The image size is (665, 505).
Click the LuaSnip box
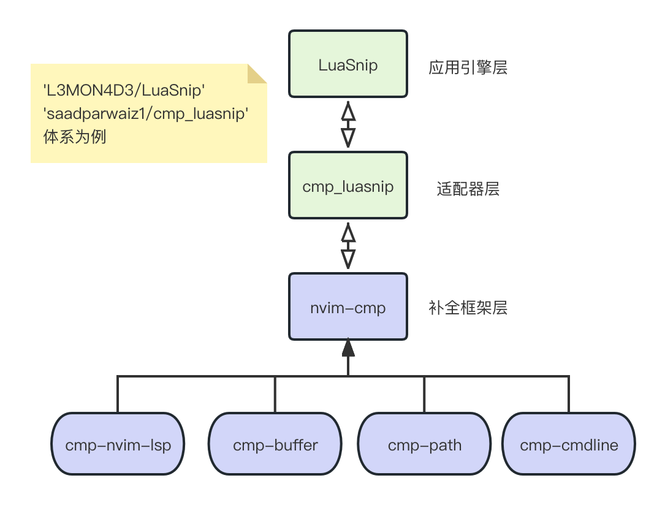[348, 64]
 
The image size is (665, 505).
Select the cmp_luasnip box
[348, 186]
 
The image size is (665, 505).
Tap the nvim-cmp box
[348, 306]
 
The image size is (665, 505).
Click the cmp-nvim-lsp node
[118, 444]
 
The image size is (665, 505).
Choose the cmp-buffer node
[275, 444]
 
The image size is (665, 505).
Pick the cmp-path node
[424, 444]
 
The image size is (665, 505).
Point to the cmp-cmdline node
[569, 444]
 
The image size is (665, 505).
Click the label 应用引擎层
[468, 67]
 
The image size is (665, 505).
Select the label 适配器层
[468, 189]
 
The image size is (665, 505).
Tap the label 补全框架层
[468, 308]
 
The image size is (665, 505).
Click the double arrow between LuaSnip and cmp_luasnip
[348, 125]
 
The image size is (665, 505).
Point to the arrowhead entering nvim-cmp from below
[348, 349]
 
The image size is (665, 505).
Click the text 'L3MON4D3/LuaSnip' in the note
[123, 91]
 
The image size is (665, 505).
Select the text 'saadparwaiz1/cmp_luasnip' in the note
[146, 113]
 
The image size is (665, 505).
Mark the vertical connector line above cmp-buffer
[275, 394]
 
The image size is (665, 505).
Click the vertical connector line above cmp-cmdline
[569, 394]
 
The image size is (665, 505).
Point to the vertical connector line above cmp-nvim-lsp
[118, 394]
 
